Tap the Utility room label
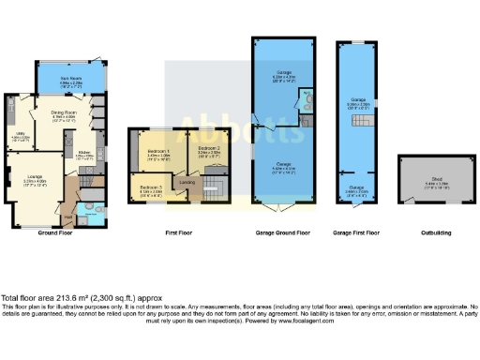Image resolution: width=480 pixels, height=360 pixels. [x=20, y=136]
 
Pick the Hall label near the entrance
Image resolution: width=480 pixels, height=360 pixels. [x=67, y=217]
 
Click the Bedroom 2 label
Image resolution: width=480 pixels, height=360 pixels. [x=209, y=147]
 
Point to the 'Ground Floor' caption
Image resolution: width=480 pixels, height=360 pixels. [x=57, y=232]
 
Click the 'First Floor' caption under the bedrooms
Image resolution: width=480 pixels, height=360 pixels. [x=179, y=232]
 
